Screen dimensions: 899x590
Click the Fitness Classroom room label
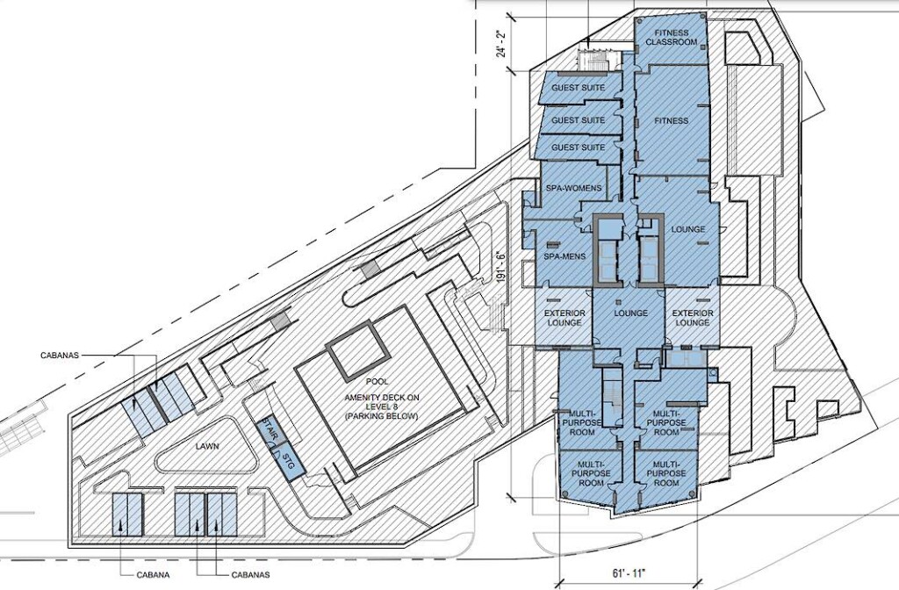672,37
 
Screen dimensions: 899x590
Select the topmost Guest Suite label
578,89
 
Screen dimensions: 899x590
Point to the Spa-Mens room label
565,256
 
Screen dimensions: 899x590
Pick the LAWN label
206,446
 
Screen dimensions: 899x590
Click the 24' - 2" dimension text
502,43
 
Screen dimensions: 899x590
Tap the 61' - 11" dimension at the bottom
629,572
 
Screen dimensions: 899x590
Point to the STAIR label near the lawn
270,430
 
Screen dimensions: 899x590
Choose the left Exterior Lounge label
565,318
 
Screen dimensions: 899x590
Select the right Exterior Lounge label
693,318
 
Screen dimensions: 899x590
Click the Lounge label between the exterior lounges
630,313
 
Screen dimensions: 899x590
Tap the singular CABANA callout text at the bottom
153,575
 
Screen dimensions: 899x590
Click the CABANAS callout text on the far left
60,356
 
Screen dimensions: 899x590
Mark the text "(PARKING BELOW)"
382,416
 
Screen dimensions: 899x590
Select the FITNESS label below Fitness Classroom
672,121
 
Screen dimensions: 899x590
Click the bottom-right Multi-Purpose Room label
666,473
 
